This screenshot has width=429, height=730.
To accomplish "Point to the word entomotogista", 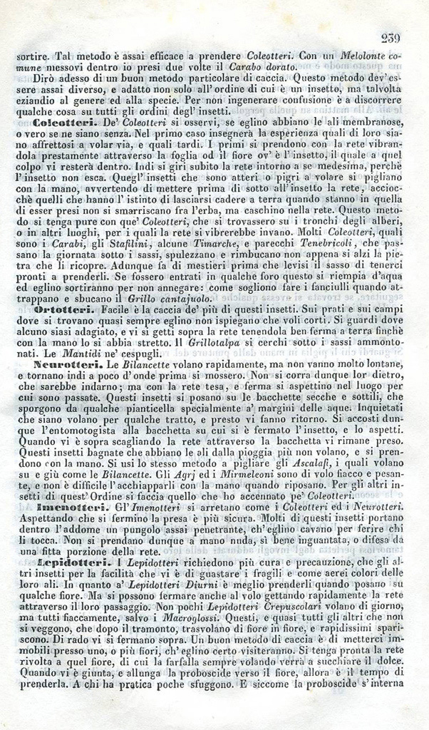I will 74,430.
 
